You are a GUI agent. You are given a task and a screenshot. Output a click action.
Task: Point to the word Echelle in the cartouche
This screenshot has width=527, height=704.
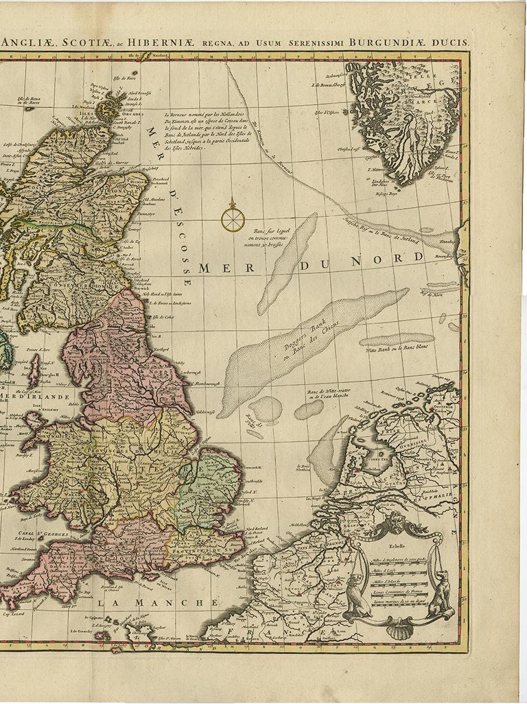coord(396,547)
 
